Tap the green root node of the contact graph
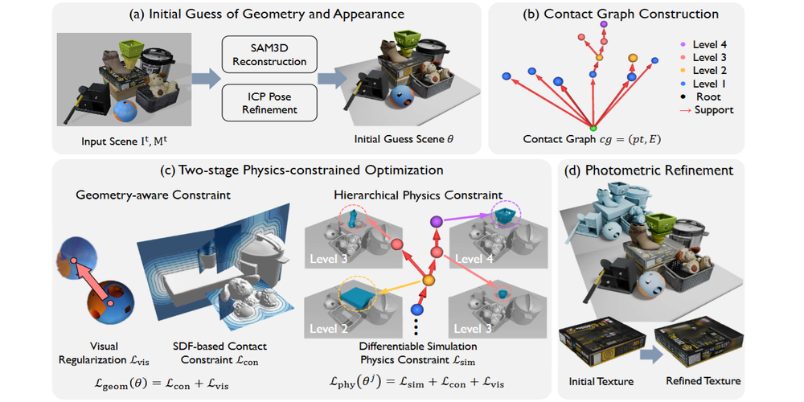tap(593, 129)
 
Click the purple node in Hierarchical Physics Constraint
tap(437, 220)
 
